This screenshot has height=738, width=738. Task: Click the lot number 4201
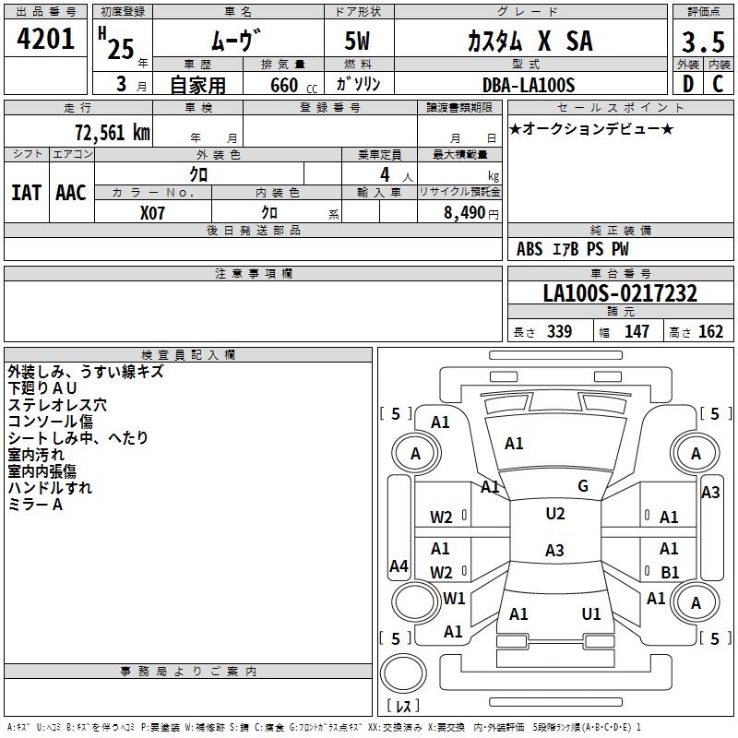tap(45, 39)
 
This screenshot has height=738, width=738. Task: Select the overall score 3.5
tap(703, 42)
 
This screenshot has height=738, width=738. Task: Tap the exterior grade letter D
tap(688, 84)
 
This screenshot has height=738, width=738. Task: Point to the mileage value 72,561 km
tap(113, 133)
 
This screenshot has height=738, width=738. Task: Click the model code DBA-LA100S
tap(529, 85)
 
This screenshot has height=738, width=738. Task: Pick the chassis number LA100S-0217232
tap(620, 293)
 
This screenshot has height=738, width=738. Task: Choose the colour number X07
tap(152, 213)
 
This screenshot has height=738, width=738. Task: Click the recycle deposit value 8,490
tap(465, 213)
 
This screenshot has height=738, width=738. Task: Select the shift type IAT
tap(26, 193)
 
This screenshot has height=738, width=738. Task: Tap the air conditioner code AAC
tap(71, 193)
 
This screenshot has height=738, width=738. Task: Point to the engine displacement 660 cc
tap(293, 86)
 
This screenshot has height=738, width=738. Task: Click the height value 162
tap(710, 332)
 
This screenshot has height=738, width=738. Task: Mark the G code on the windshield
tap(583, 486)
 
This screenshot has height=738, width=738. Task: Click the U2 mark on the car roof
tap(555, 514)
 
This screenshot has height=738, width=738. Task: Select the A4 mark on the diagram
tap(399, 566)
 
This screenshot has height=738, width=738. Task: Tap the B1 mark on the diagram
tap(670, 572)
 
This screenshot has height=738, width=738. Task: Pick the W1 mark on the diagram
tap(454, 598)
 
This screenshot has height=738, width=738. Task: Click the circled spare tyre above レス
tap(403, 673)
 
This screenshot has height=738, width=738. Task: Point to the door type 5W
tap(357, 41)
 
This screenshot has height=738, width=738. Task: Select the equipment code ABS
tap(530, 249)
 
